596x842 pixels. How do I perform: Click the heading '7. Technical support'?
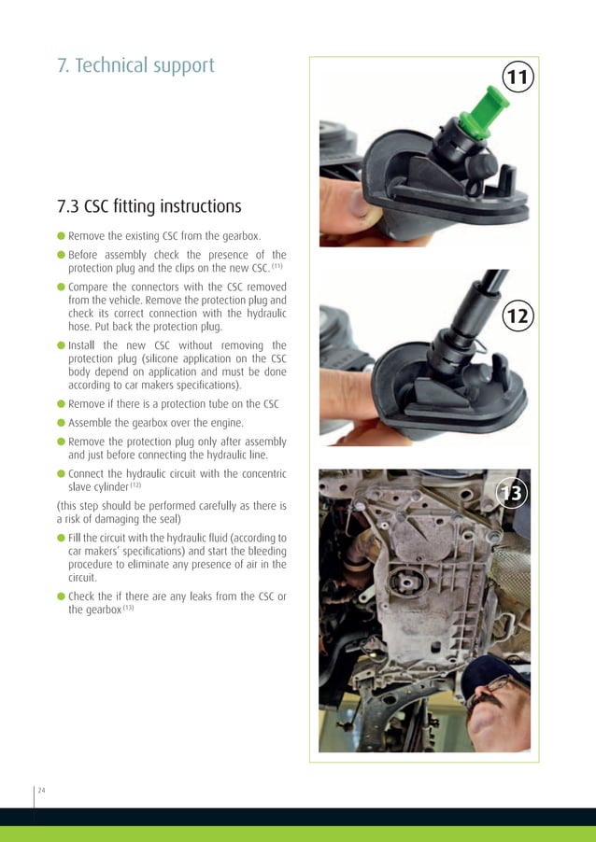(135, 65)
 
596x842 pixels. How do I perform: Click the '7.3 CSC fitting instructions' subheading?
(149, 206)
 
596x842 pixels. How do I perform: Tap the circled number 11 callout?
(518, 77)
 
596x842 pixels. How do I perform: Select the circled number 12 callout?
(518, 316)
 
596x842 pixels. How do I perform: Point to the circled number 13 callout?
(512, 493)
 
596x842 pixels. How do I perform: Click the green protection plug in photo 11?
(483, 114)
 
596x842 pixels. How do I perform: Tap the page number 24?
(41, 790)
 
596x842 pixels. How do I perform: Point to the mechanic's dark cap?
(492, 674)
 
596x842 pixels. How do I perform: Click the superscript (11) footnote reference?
(277, 266)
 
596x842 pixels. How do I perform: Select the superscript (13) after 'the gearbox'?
(128, 608)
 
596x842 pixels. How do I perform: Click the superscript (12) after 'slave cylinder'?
(135, 484)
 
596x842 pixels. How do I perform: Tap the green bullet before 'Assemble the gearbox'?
(62, 423)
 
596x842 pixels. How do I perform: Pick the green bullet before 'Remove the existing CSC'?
(62, 236)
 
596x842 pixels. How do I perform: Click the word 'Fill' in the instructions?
(75, 538)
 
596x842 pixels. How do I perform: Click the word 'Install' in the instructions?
(81, 345)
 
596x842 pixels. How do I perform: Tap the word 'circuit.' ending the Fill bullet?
(82, 578)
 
